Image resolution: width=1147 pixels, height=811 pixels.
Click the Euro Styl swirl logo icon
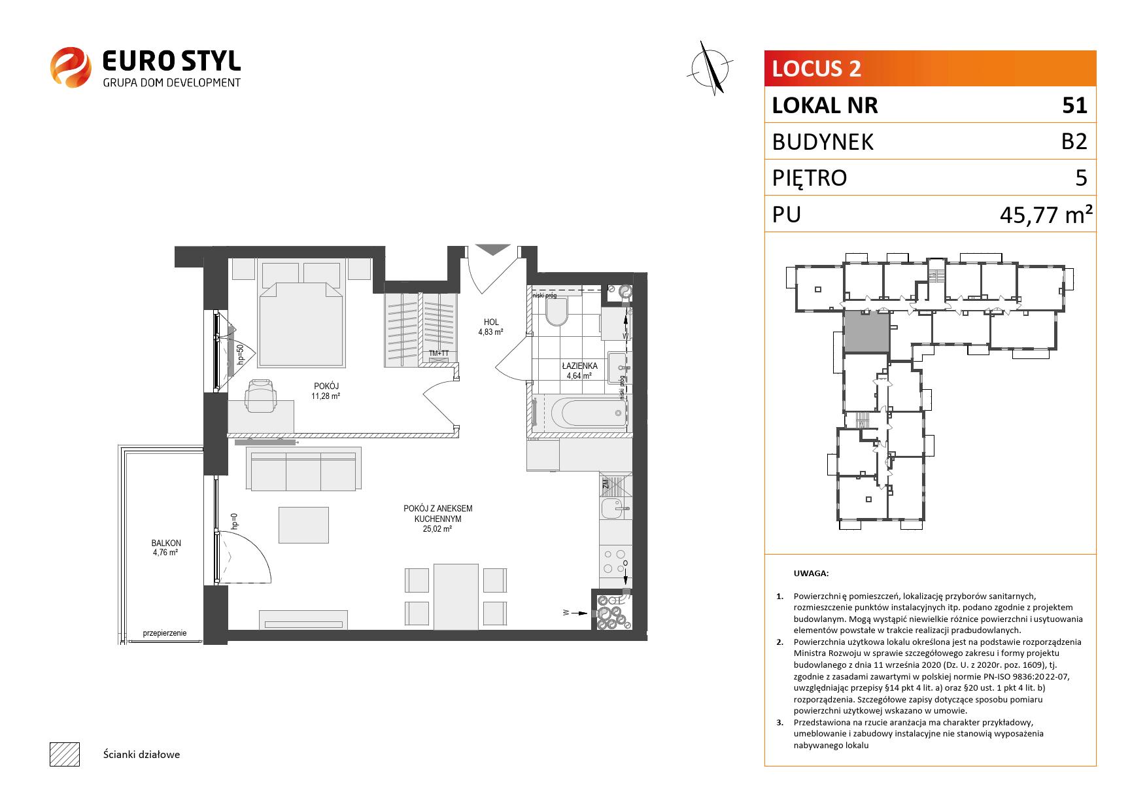click(x=71, y=67)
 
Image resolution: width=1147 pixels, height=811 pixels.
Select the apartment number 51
click(x=1074, y=105)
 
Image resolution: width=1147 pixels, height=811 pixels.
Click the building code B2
click(x=1074, y=141)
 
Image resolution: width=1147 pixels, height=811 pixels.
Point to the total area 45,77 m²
click(x=1047, y=214)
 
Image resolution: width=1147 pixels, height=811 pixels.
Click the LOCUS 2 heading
click(x=817, y=69)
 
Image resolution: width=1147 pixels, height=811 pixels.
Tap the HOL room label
click(x=491, y=322)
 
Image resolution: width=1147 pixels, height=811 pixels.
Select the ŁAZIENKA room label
click(x=579, y=366)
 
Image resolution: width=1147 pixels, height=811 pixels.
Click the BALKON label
click(x=166, y=544)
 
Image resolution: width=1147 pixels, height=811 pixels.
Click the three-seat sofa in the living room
click(x=303, y=468)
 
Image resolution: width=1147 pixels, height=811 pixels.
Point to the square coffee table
click(x=303, y=525)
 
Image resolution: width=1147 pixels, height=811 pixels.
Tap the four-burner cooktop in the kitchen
click(x=615, y=562)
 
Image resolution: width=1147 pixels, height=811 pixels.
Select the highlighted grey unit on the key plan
click(x=866, y=331)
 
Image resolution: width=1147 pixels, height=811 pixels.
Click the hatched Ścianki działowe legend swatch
click(x=64, y=754)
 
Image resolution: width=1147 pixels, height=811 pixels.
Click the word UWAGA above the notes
click(x=811, y=574)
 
